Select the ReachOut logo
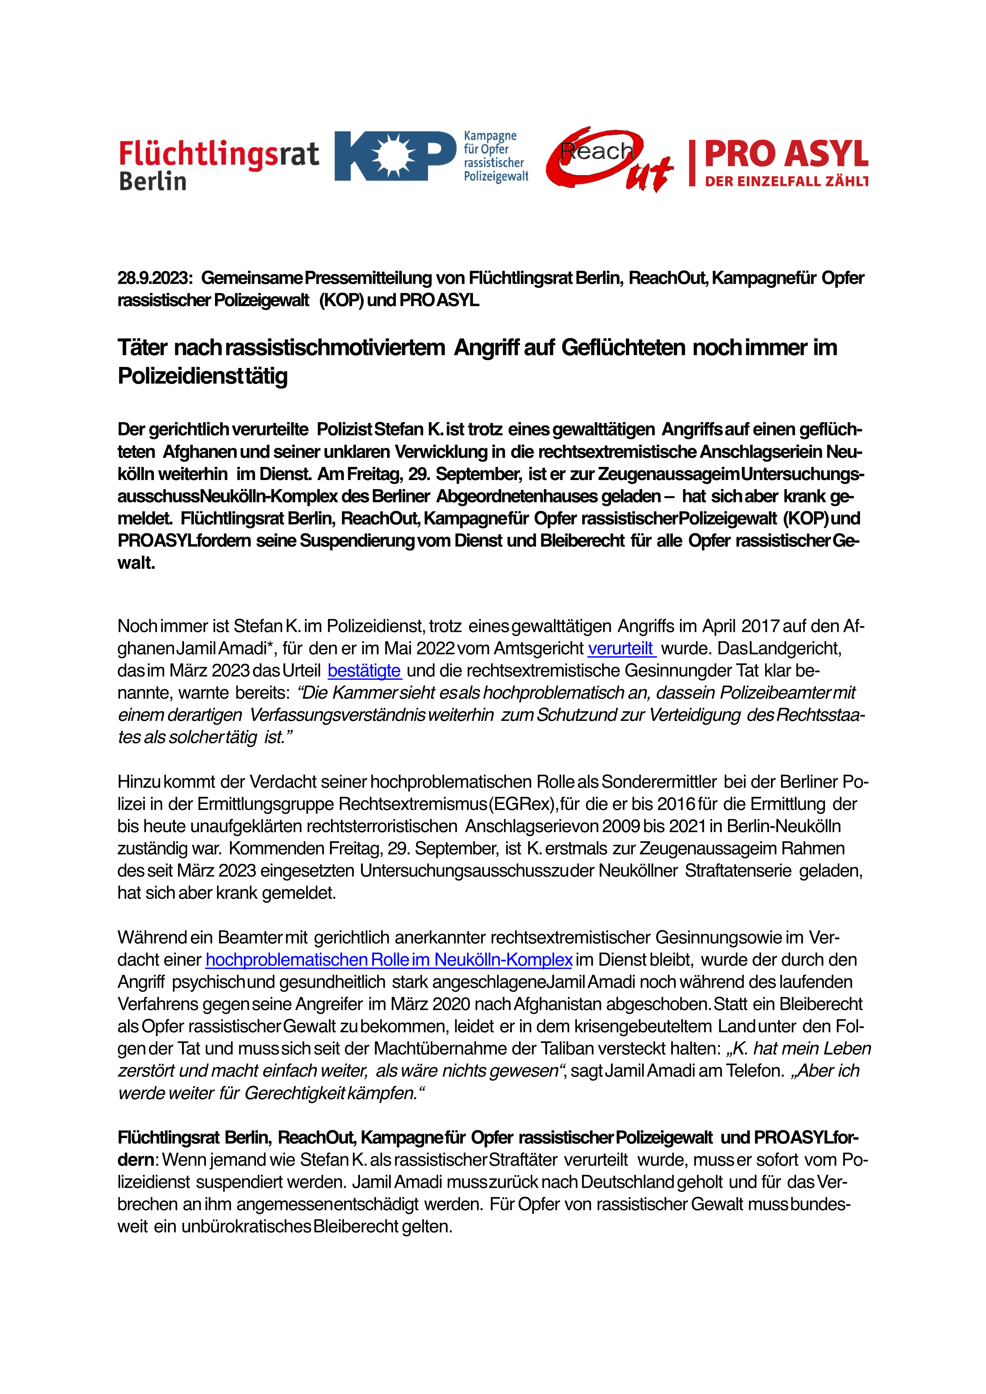609,159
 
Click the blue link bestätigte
364,671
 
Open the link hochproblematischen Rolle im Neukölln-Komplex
389,960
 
